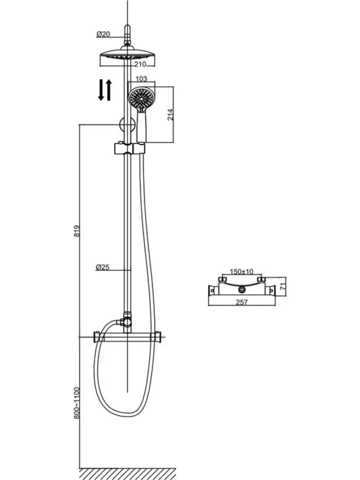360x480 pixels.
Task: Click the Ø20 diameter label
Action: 103,34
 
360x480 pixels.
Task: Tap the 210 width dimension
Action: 140,64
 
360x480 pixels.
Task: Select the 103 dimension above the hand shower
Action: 141,79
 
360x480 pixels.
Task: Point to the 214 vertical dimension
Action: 171,114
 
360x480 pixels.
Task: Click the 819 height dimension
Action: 77,231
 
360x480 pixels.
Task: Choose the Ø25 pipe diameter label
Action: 102,267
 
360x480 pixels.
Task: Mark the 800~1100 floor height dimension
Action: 77,403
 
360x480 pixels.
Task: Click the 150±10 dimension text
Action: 242,272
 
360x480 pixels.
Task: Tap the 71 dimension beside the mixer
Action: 283,287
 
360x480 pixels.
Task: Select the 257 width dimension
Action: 242,302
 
